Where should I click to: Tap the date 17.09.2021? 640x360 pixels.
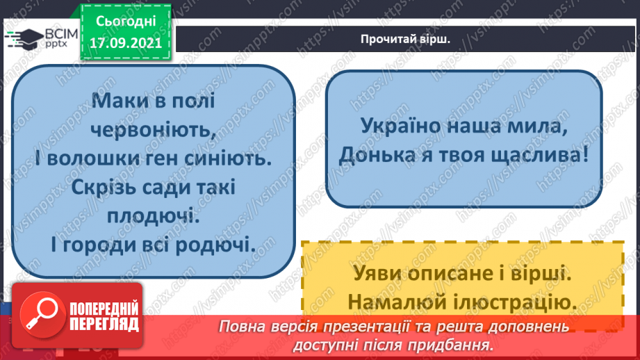pos(126,41)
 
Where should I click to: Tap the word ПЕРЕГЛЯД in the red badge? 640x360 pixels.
pos(105,324)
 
